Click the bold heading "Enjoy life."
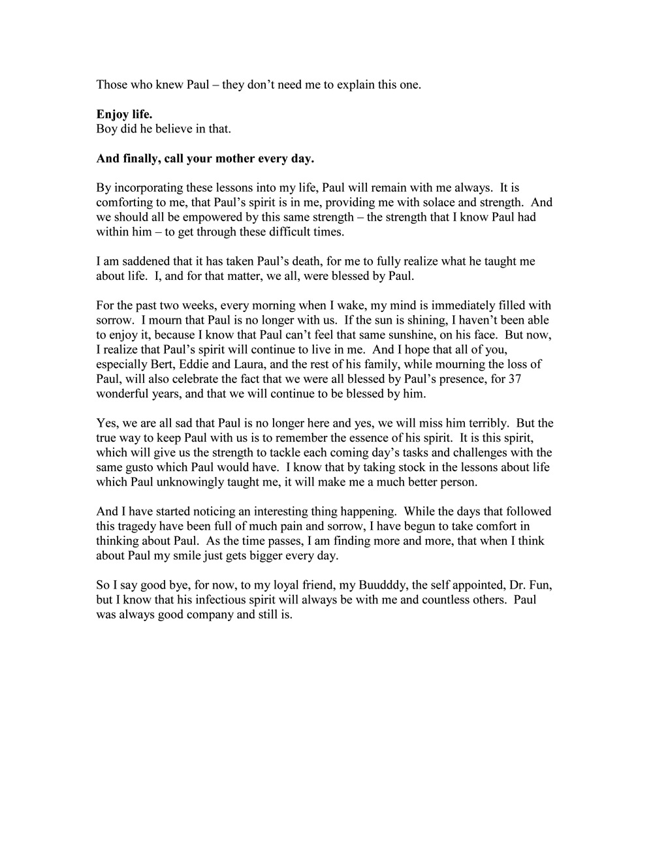point(124,115)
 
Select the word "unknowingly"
point(197,482)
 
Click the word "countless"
point(443,600)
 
